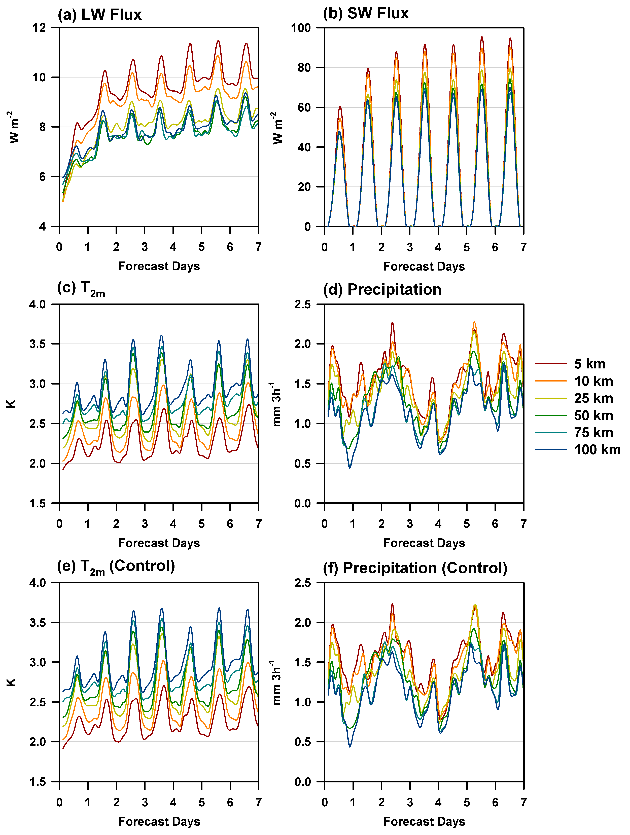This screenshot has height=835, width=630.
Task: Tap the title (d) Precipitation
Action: (382, 290)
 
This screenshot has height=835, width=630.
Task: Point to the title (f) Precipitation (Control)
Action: (415, 568)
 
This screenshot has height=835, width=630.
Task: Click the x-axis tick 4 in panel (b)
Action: (438, 247)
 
